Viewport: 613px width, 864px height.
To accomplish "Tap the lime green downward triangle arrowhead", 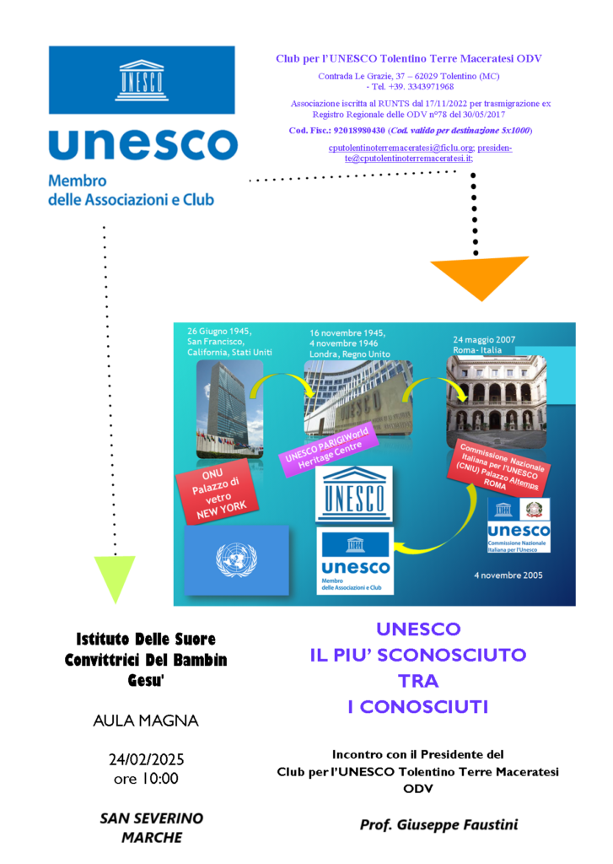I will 115,577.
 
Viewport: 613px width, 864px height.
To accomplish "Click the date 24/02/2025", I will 146,759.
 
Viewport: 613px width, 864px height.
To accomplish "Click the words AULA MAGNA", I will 146,721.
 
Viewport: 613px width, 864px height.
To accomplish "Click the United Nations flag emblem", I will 236,559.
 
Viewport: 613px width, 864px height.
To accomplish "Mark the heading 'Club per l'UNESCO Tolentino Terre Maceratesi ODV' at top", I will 409,58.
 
